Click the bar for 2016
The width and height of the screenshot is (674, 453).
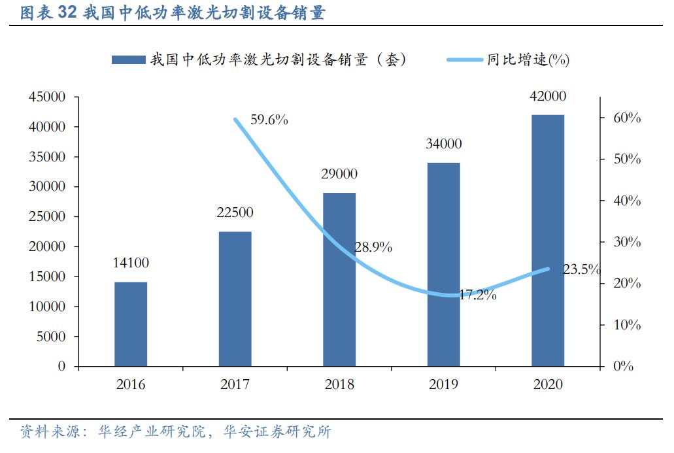click(131, 324)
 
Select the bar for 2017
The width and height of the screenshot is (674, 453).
click(235, 299)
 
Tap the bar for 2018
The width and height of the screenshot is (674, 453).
click(339, 279)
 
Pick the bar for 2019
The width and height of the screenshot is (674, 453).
click(443, 264)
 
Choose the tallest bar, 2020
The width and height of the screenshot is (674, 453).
click(548, 240)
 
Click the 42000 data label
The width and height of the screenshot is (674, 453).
click(548, 96)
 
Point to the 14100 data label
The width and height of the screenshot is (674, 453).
click(131, 263)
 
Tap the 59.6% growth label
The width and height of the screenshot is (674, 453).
click(269, 120)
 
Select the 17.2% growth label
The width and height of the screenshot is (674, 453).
click(477, 295)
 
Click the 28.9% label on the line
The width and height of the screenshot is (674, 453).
click(373, 247)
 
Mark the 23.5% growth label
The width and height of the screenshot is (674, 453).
click(581, 269)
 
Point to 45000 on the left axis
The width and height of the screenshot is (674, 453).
click(47, 97)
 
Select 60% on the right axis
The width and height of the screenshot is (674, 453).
click(626, 118)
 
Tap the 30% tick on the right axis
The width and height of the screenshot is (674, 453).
click(626, 243)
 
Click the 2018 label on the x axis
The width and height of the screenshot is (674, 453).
click(339, 384)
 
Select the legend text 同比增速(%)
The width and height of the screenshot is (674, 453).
click(528, 60)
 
